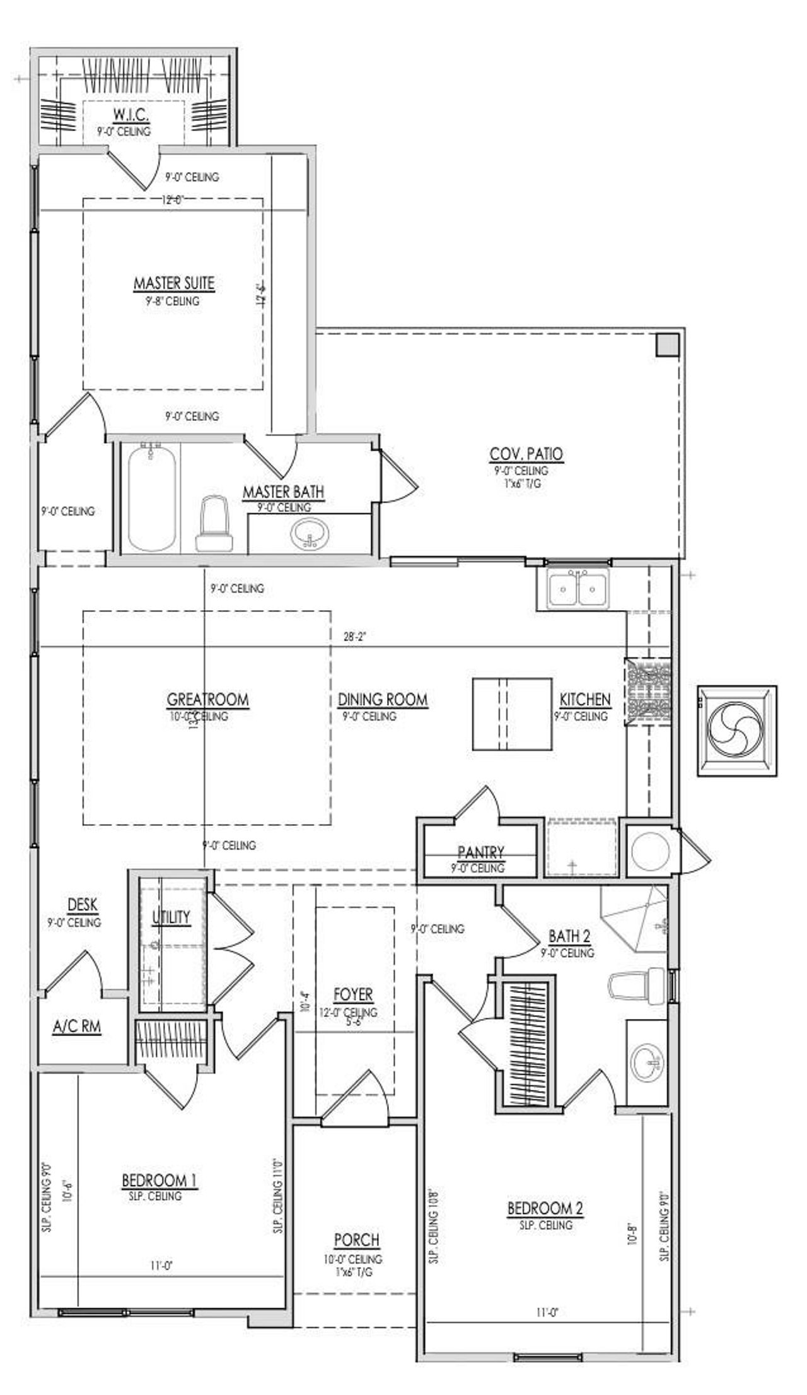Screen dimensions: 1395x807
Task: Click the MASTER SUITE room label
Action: (173, 284)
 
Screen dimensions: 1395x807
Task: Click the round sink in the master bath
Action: (310, 534)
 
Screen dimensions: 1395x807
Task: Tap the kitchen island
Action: (513, 714)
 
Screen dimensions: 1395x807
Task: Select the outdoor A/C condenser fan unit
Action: (736, 730)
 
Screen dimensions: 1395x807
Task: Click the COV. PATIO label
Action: (526, 454)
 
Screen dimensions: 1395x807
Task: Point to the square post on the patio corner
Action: (666, 344)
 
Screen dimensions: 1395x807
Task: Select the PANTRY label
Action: (480, 853)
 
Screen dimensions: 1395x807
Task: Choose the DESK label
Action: (82, 905)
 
